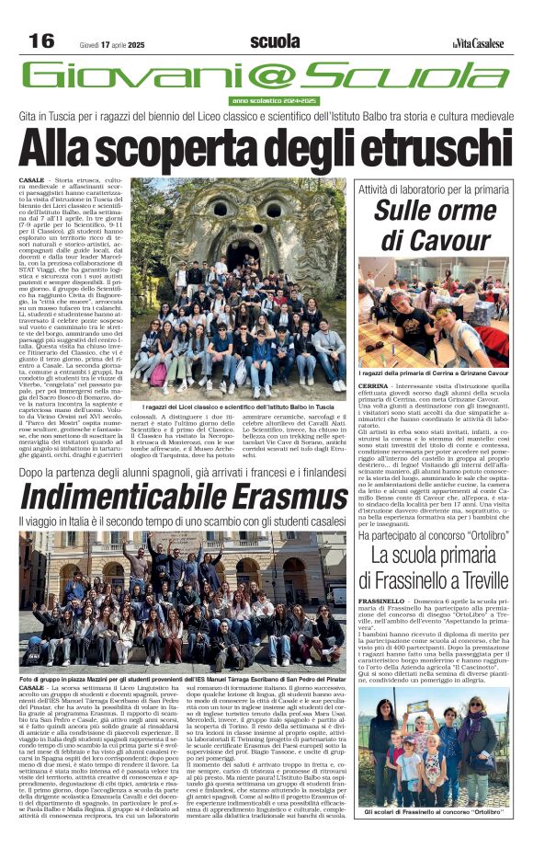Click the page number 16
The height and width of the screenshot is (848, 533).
pos(40,40)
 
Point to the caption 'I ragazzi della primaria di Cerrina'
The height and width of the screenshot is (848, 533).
pos(432,372)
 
